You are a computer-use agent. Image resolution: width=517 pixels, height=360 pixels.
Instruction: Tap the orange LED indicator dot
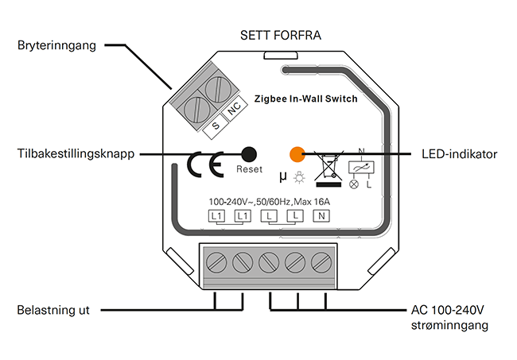[x=296, y=153]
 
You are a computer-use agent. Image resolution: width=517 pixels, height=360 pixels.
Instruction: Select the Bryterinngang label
[x=56, y=46]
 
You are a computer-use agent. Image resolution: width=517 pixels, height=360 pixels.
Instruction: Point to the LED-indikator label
[x=457, y=153]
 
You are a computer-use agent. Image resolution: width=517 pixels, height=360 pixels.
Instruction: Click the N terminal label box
[x=321, y=215]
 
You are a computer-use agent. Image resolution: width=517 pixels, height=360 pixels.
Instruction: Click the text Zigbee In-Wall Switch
[x=305, y=99]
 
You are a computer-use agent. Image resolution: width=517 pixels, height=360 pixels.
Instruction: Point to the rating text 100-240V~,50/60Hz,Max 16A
[x=269, y=200]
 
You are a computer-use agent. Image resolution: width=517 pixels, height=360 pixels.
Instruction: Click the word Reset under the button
[x=249, y=170]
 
